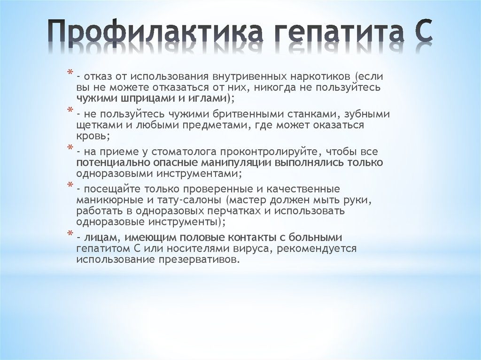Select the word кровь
point(92,137)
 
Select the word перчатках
point(237,211)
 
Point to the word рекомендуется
point(317,249)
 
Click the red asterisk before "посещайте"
point(70,185)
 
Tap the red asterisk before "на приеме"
point(70,148)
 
